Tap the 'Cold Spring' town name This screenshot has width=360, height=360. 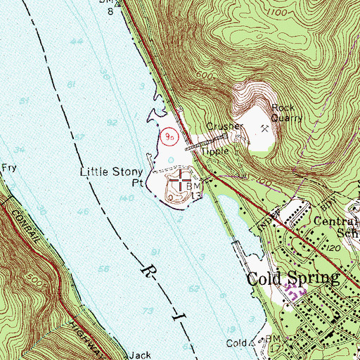pyautogui.click(x=292, y=278)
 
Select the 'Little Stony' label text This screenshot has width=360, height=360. pyautogui.click(x=112, y=172)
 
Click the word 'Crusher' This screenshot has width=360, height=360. pyautogui.click(x=224, y=127)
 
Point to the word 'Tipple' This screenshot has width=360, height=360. pyautogui.click(x=216, y=150)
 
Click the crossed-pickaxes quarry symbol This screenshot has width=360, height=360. pyautogui.click(x=265, y=129)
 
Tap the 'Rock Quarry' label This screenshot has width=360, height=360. pyautogui.click(x=286, y=113)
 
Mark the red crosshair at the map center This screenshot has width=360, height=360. pyautogui.click(x=180, y=180)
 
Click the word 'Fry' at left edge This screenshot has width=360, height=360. pyautogui.click(x=8, y=168)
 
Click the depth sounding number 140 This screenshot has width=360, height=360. pyautogui.click(x=128, y=200)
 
